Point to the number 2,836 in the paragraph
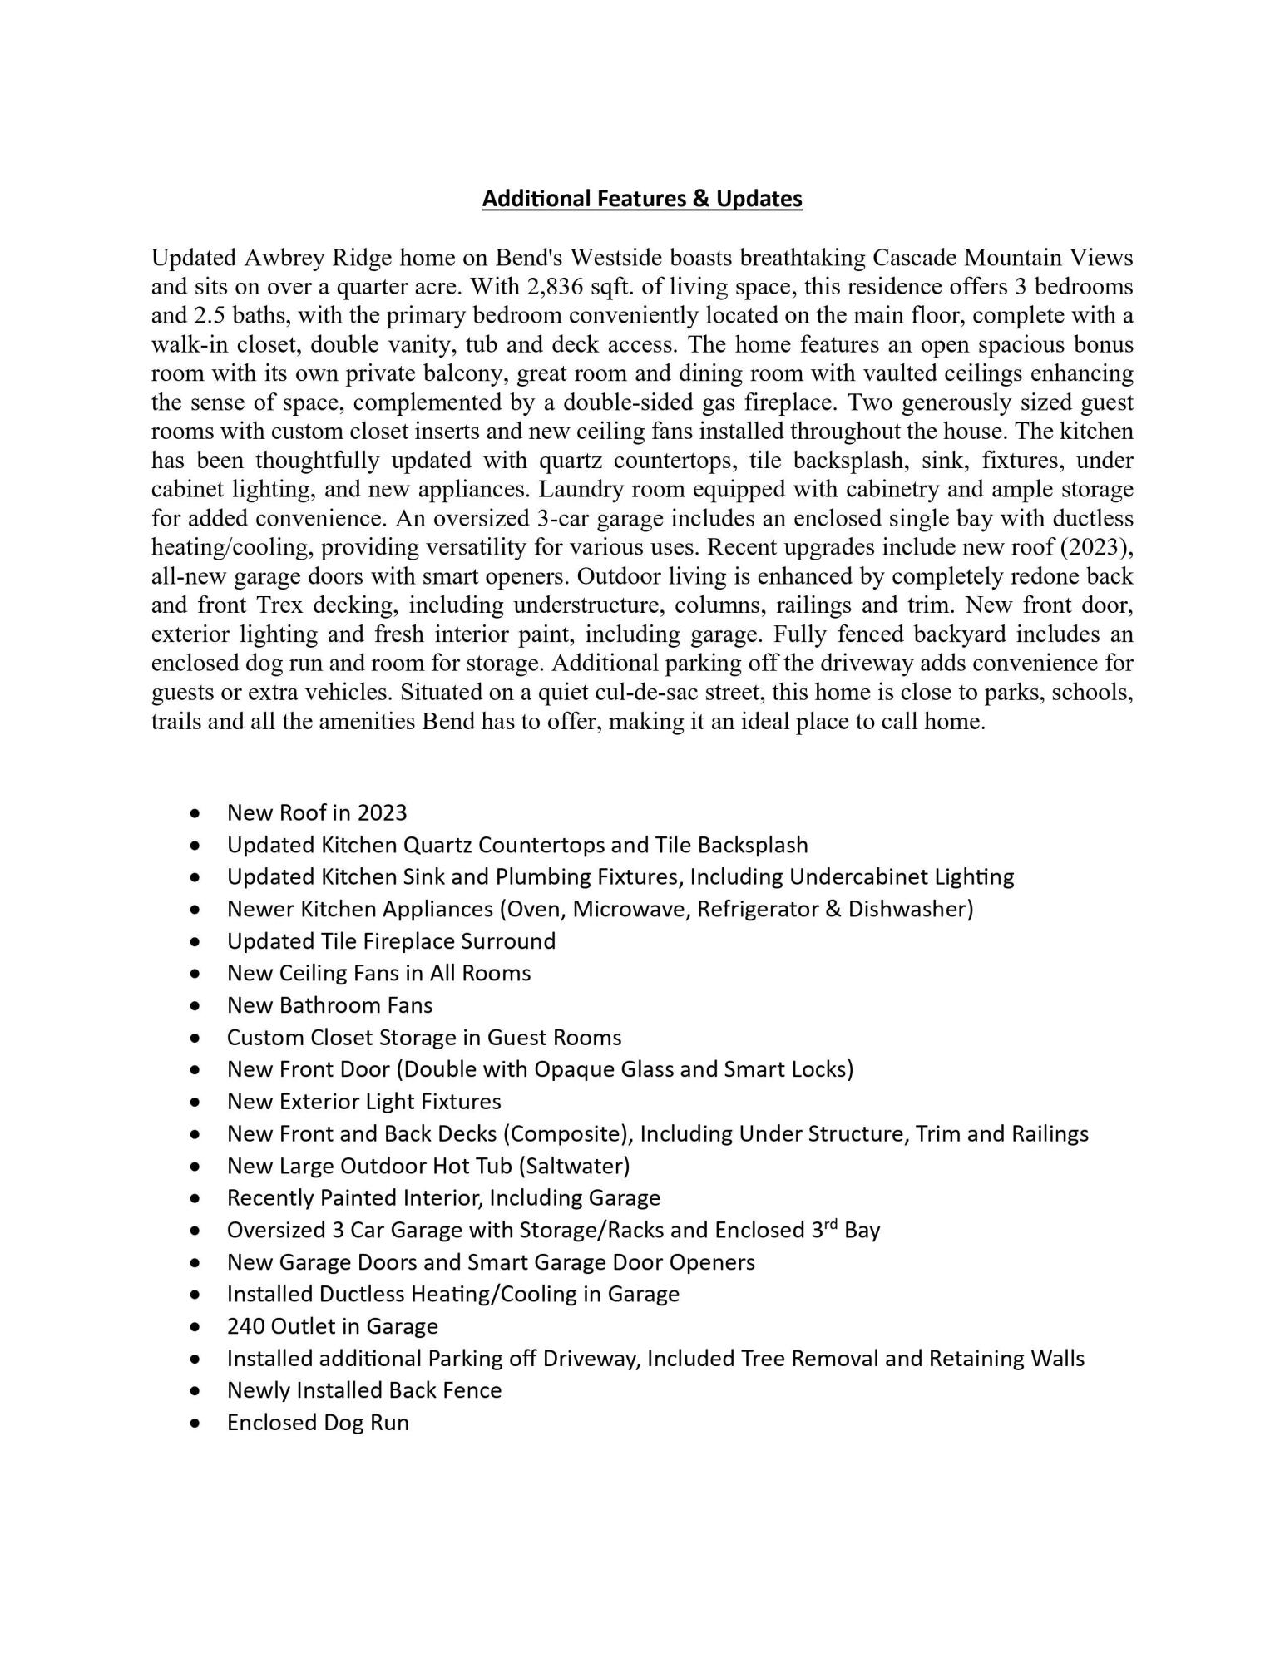pos(555,287)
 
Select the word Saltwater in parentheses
pos(574,1166)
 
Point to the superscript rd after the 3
pos(833,1224)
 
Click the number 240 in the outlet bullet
pos(246,1326)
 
